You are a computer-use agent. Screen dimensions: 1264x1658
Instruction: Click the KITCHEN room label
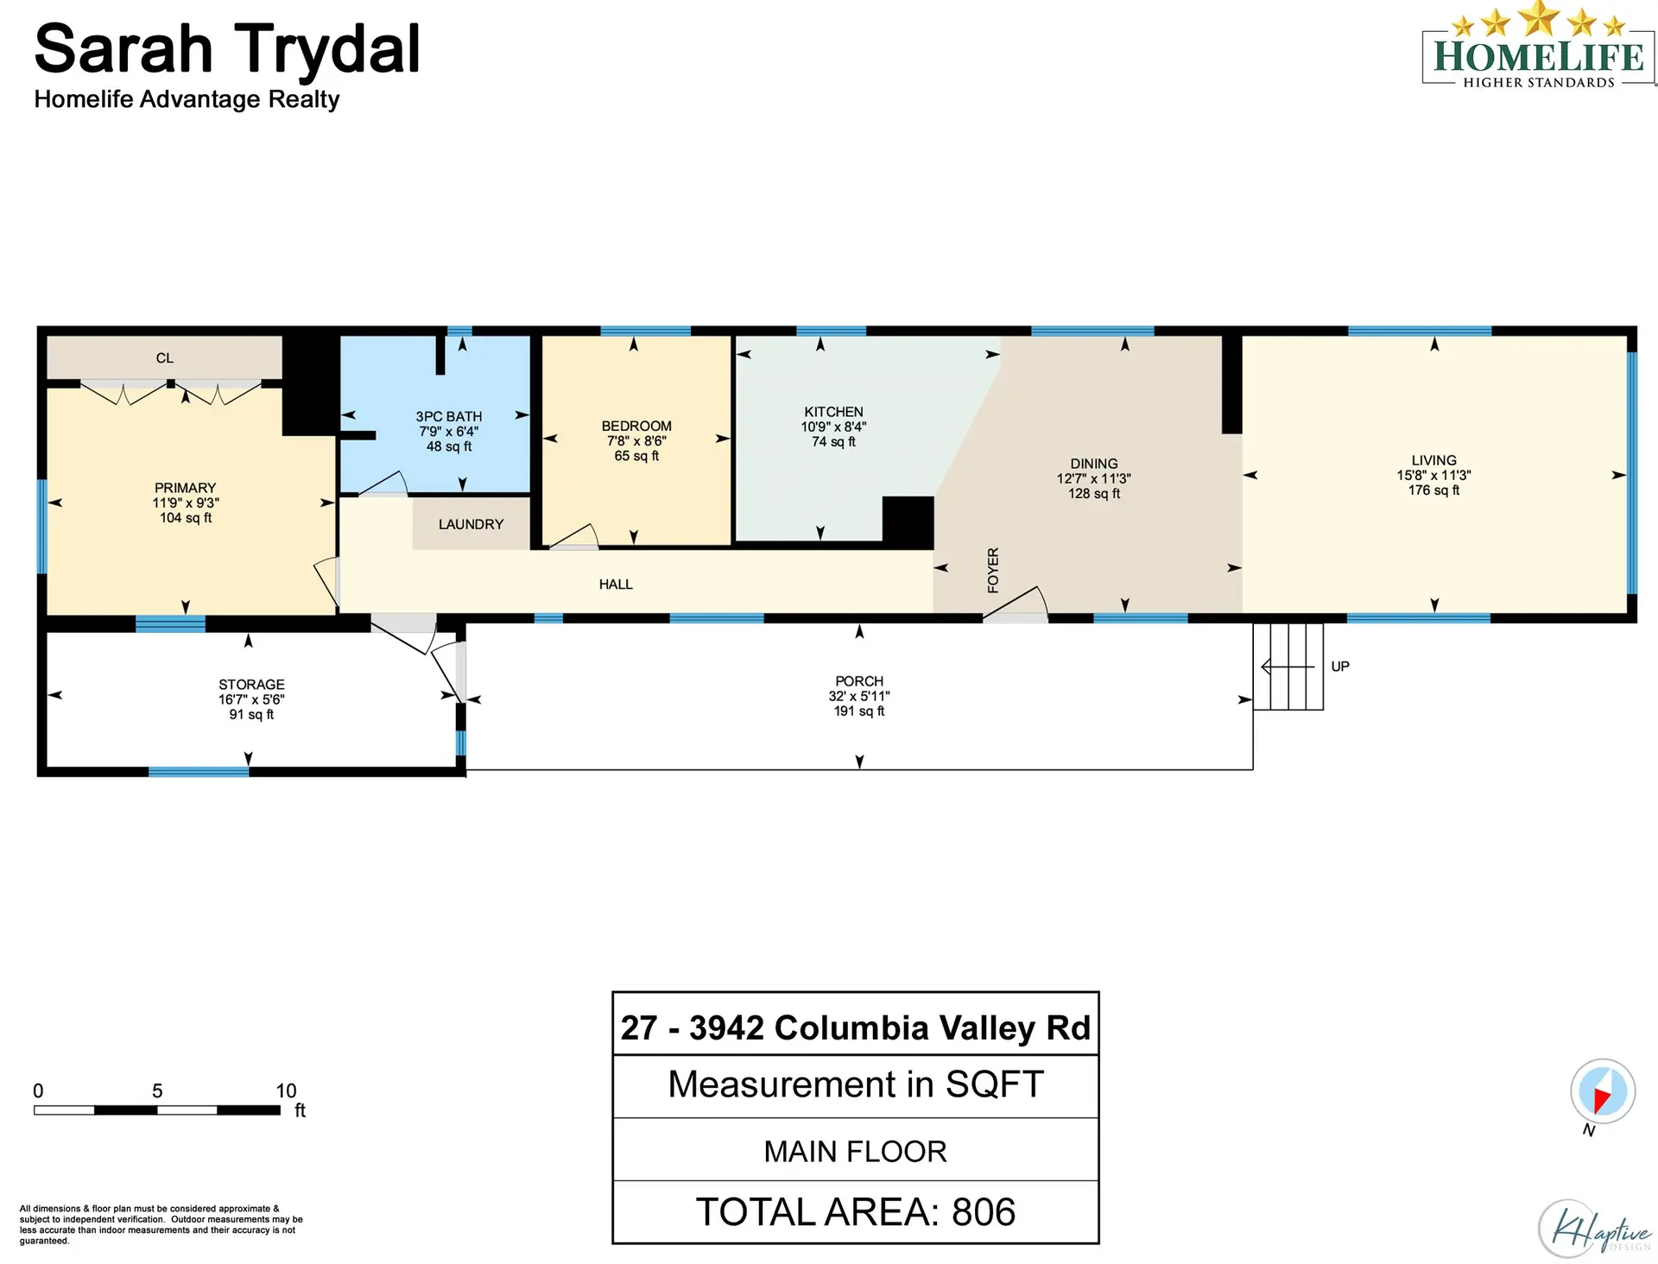(833, 412)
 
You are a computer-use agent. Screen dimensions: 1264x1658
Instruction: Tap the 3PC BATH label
(448, 416)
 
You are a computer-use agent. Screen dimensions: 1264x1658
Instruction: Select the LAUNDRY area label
(471, 524)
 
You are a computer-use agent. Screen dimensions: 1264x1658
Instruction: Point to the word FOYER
(993, 570)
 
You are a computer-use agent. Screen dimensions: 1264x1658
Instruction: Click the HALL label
(616, 585)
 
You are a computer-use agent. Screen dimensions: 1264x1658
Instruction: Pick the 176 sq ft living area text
(1433, 490)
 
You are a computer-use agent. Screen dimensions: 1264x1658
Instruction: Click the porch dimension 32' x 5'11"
(859, 696)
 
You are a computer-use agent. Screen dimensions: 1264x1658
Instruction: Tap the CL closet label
(165, 357)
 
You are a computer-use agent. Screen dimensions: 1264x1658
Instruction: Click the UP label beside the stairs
(1339, 667)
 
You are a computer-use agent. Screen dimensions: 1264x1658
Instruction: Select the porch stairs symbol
(1288, 667)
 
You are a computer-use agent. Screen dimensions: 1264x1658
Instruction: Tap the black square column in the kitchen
(908, 521)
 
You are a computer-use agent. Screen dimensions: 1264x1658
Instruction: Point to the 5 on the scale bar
(157, 1090)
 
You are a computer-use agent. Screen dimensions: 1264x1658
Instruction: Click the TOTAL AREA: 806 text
(855, 1211)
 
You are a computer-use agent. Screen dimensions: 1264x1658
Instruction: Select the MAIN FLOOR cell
(855, 1150)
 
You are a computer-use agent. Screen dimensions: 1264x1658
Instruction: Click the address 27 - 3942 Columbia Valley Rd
(855, 1027)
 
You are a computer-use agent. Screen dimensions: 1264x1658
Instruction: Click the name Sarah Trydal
(227, 49)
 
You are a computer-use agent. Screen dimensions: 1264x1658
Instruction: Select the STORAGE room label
(251, 684)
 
